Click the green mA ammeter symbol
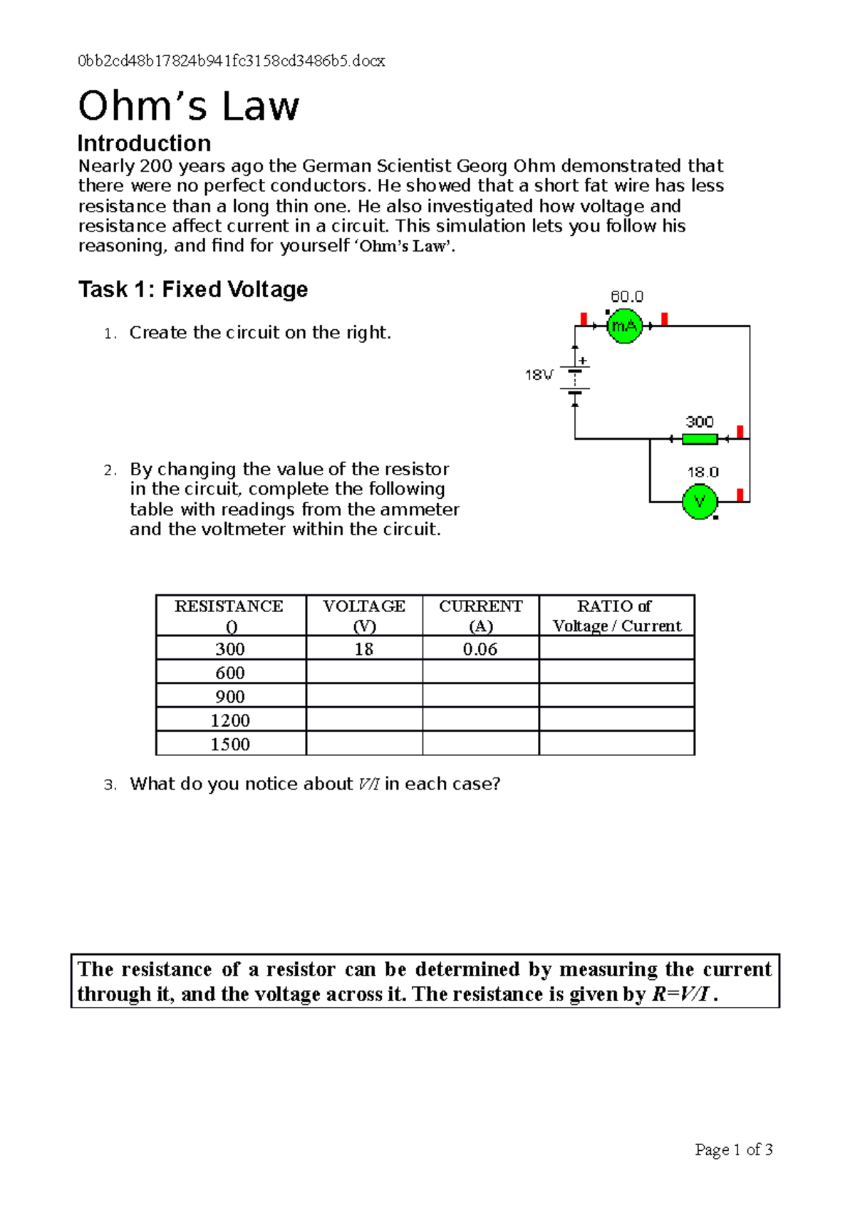(x=624, y=326)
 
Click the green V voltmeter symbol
(x=700, y=502)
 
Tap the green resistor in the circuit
(x=700, y=439)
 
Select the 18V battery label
(x=539, y=375)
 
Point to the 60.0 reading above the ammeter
(x=627, y=296)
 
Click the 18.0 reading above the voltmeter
(x=703, y=472)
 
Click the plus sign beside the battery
(x=583, y=361)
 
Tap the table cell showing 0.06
(x=480, y=648)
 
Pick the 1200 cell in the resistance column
(x=229, y=720)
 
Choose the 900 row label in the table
(x=229, y=696)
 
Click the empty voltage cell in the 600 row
(x=364, y=672)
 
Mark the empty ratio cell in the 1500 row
(x=616, y=743)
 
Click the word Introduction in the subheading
(x=144, y=143)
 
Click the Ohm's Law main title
(x=189, y=106)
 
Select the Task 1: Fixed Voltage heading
(x=193, y=289)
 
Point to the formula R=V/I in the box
(x=681, y=994)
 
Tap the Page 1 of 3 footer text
(x=733, y=1149)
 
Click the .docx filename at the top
(x=232, y=61)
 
